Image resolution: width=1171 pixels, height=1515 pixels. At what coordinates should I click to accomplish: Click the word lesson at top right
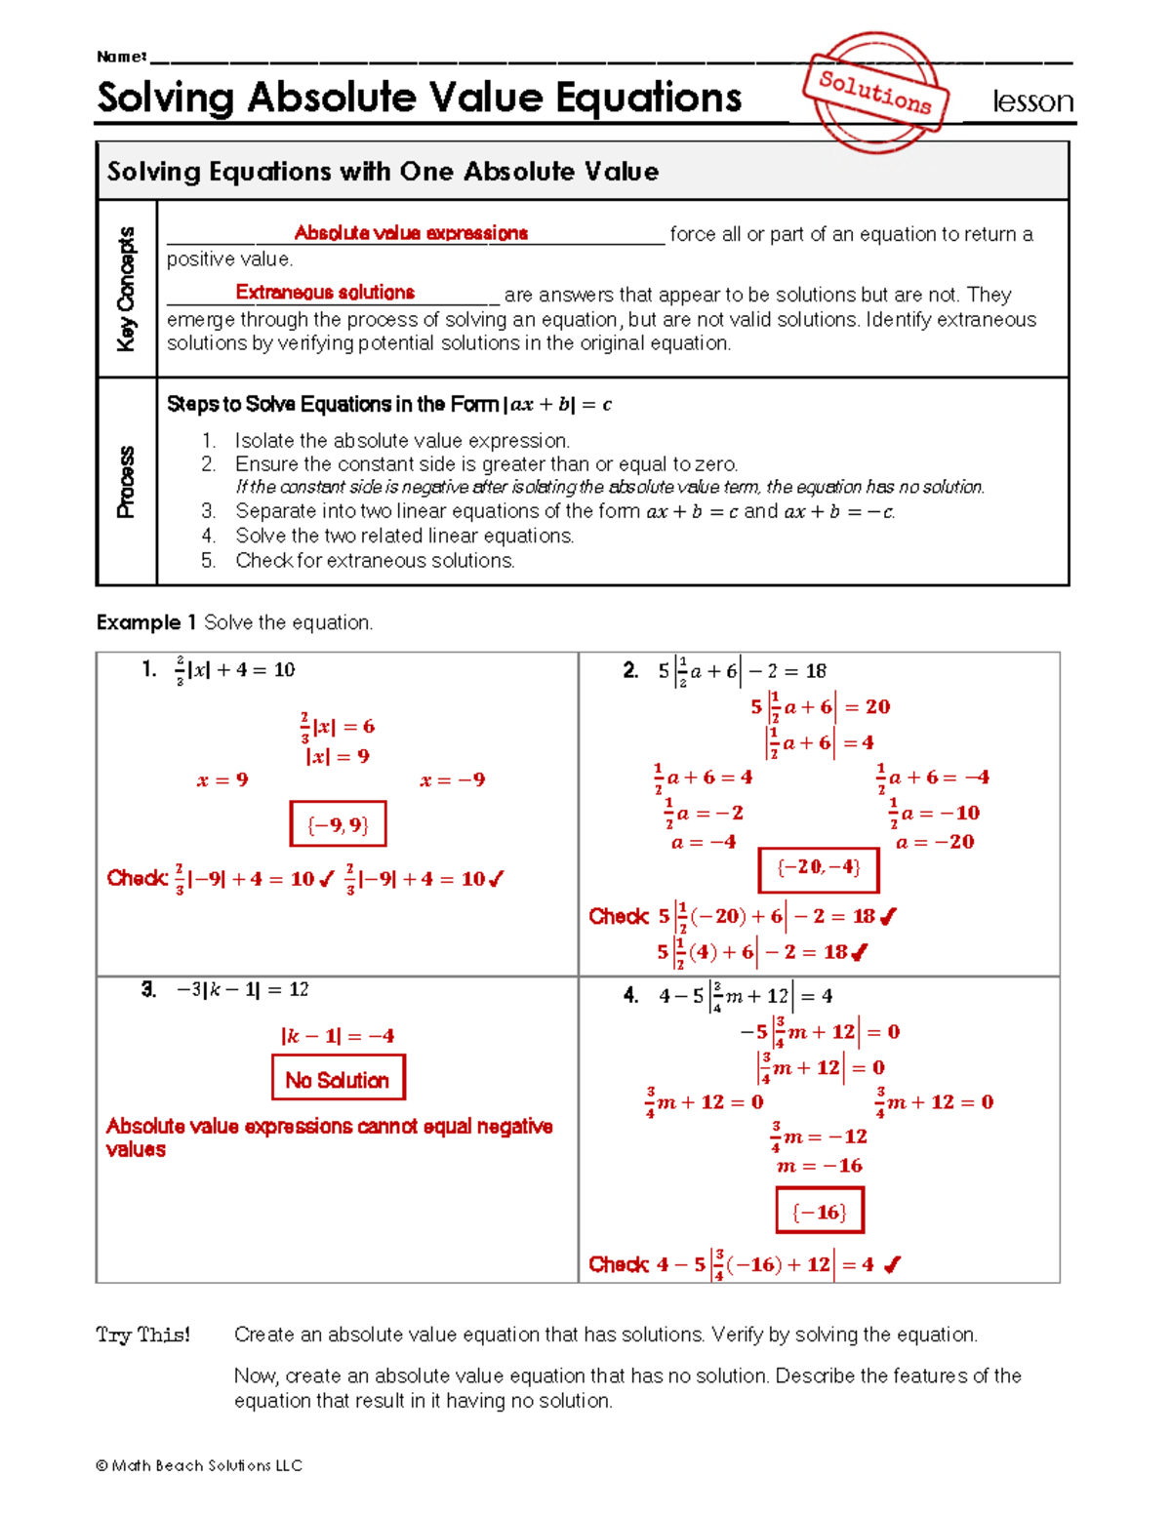1032,101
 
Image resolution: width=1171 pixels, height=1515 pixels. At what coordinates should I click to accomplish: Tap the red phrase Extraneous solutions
325,293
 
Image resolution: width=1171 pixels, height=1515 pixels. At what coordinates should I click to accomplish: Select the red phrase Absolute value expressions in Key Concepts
411,233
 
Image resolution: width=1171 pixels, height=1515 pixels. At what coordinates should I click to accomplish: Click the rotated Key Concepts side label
127,289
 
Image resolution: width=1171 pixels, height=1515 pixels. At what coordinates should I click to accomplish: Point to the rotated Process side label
127,482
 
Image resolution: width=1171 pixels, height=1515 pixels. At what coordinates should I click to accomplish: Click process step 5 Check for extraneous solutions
375,561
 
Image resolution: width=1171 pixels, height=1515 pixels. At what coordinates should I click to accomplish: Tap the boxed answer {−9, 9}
338,824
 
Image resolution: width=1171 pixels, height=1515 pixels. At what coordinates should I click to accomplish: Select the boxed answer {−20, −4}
819,868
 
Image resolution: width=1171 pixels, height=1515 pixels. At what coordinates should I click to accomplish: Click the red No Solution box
338,1080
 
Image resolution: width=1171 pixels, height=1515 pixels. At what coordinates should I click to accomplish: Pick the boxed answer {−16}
819,1212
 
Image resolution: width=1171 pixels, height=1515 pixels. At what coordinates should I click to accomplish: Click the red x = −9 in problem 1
452,780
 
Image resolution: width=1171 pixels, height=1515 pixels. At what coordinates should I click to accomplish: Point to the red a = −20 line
934,842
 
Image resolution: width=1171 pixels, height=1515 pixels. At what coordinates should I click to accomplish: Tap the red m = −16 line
819,1166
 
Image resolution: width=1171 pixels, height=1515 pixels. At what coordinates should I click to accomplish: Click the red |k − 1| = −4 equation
338,1036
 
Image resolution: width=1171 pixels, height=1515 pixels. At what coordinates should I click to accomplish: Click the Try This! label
143,1335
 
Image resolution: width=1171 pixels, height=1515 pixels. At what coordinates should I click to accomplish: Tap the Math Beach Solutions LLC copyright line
200,1465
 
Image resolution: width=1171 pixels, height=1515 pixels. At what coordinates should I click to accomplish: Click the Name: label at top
121,57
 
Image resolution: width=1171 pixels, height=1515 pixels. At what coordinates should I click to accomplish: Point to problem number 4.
630,995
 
